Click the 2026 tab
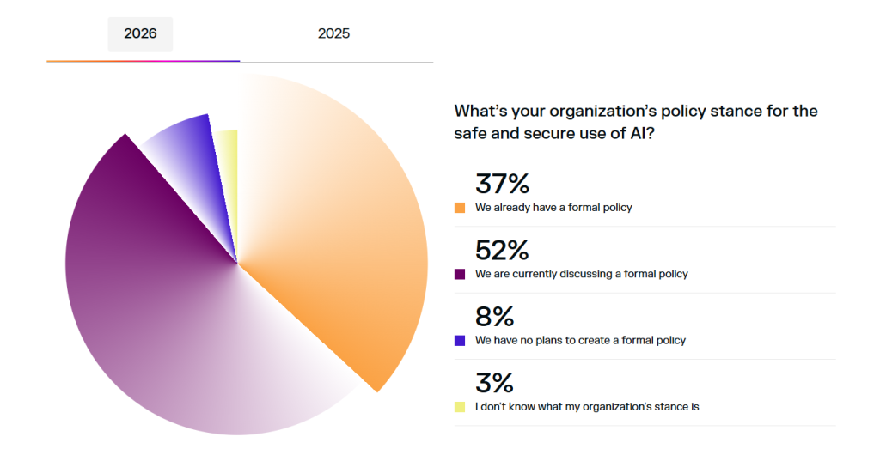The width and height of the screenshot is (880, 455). (x=140, y=34)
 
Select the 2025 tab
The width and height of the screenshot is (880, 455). (x=333, y=34)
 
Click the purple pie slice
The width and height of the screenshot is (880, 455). (x=146, y=300)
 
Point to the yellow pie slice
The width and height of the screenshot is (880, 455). (x=227, y=163)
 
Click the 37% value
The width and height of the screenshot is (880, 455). (x=501, y=184)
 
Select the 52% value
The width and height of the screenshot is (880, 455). (x=501, y=250)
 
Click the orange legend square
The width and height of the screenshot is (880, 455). (x=460, y=208)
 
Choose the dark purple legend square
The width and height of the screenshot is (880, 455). (x=460, y=274)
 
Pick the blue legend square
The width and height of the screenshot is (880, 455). (x=460, y=340)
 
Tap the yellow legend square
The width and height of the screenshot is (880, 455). (x=460, y=406)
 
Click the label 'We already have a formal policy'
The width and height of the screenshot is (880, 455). (x=553, y=208)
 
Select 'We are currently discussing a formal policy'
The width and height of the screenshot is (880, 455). (x=581, y=274)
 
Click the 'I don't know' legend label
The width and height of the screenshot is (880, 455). (x=587, y=406)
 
